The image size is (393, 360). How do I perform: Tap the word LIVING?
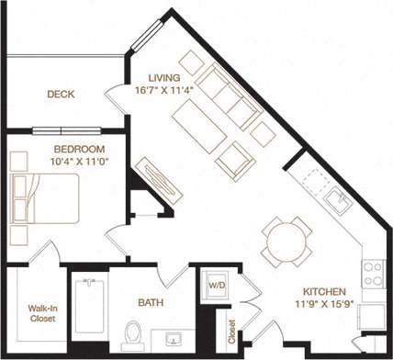pyautogui.click(x=165, y=76)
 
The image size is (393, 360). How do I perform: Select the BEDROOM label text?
pyautogui.click(x=52, y=149)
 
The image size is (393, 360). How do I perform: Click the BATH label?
pyautogui.click(x=151, y=301)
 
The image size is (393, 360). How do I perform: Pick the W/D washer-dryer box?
pyautogui.click(x=218, y=284)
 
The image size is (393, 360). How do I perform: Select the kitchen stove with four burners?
pyautogui.click(x=374, y=274)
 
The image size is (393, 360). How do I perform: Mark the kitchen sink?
pyautogui.click(x=337, y=200)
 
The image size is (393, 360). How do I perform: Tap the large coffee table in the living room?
pyautogui.click(x=197, y=126)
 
